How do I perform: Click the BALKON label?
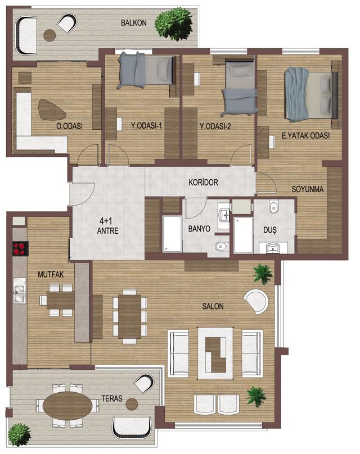(x=134, y=22)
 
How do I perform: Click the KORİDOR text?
(x=203, y=183)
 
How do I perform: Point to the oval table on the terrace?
(x=67, y=405)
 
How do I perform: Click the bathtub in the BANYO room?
(x=172, y=233)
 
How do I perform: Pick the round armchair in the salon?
(x=258, y=301)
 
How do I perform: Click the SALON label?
(x=213, y=306)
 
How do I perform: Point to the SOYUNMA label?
(x=308, y=189)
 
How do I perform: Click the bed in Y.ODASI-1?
(x=147, y=70)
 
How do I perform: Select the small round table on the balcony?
(x=49, y=35)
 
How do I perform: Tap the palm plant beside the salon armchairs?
(x=256, y=397)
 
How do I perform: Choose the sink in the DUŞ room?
(x=273, y=248)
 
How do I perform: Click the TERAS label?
(x=112, y=398)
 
